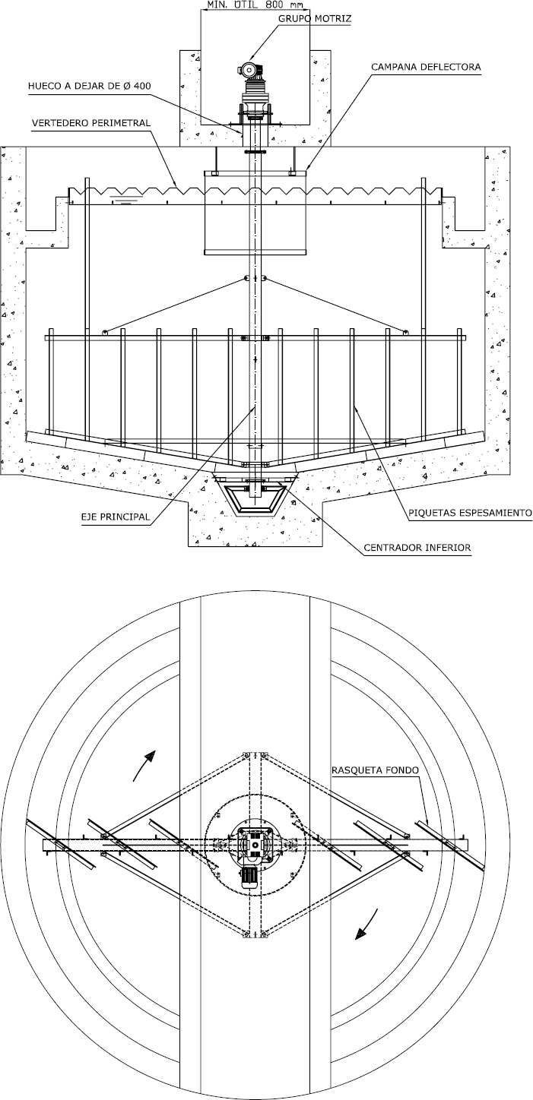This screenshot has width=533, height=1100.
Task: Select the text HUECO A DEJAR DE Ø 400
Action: (x=88, y=86)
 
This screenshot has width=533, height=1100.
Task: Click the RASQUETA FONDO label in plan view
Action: (x=377, y=770)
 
